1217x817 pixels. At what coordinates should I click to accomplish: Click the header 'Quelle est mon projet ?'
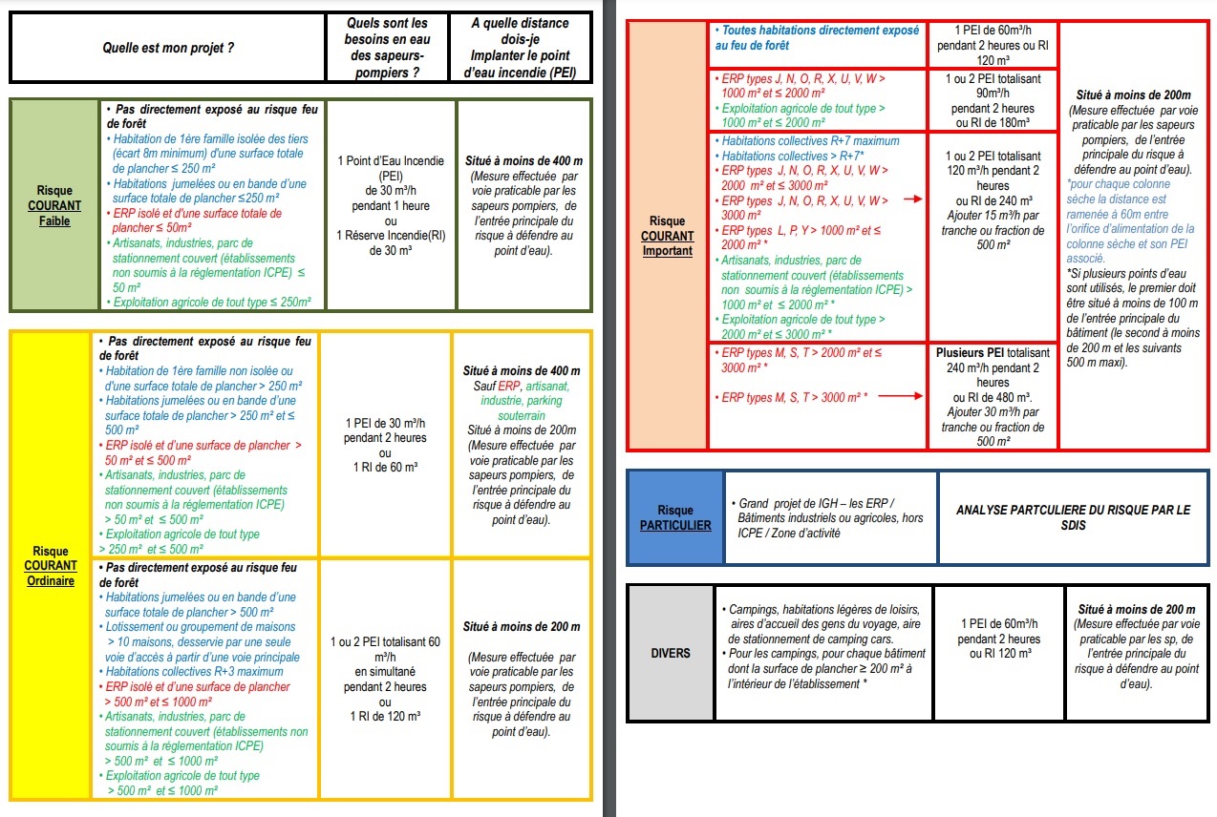click(168, 46)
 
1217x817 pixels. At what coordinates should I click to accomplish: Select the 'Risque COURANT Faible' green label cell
click(53, 205)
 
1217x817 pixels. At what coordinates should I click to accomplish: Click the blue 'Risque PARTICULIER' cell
click(675, 517)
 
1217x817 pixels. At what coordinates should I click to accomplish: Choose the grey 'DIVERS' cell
click(669, 653)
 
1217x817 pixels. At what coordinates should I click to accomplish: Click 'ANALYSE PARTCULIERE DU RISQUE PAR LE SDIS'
click(1074, 517)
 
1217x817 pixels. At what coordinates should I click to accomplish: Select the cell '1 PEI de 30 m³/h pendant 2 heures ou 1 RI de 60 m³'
click(384, 445)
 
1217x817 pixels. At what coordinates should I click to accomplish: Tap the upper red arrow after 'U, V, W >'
click(913, 199)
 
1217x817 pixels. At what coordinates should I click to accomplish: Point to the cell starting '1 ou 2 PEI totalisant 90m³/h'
click(993, 99)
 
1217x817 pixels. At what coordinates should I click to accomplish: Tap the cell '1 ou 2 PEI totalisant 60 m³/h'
click(384, 679)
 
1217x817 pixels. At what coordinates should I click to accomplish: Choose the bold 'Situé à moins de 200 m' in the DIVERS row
click(1136, 609)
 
